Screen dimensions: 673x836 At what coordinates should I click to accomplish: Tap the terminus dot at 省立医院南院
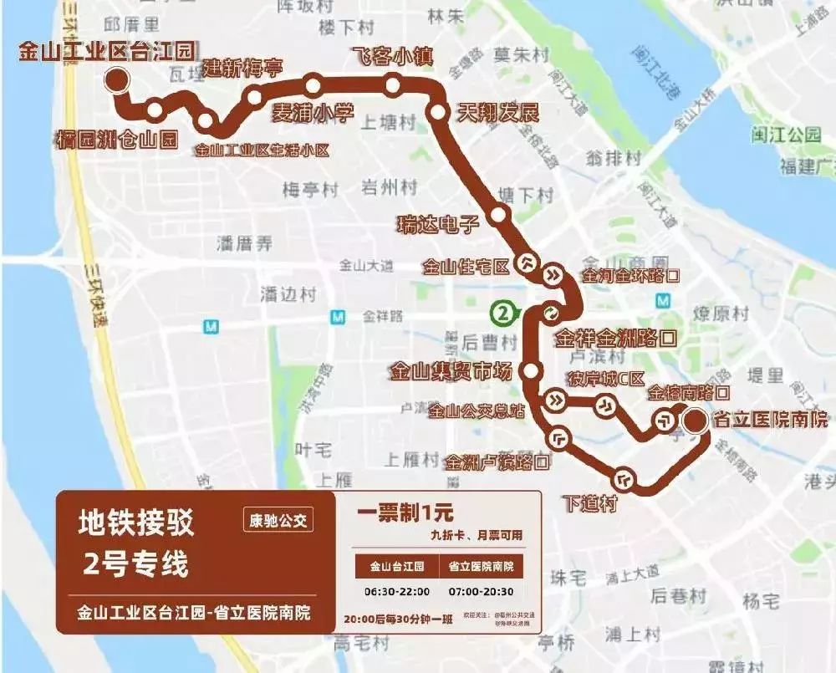[693, 421]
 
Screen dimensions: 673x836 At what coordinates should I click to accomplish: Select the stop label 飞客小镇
[391, 57]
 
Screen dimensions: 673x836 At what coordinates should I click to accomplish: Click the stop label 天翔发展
[497, 113]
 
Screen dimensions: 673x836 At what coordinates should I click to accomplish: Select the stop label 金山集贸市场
[450, 370]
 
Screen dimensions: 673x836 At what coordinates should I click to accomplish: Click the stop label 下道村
[589, 503]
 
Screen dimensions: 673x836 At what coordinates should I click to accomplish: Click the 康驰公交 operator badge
[278, 521]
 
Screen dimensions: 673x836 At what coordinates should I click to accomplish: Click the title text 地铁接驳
[135, 524]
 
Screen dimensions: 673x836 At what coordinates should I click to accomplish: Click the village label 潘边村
[288, 294]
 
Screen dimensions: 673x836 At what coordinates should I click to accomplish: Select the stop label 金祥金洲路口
[615, 339]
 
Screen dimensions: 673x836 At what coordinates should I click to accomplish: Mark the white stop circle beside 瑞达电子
[499, 215]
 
